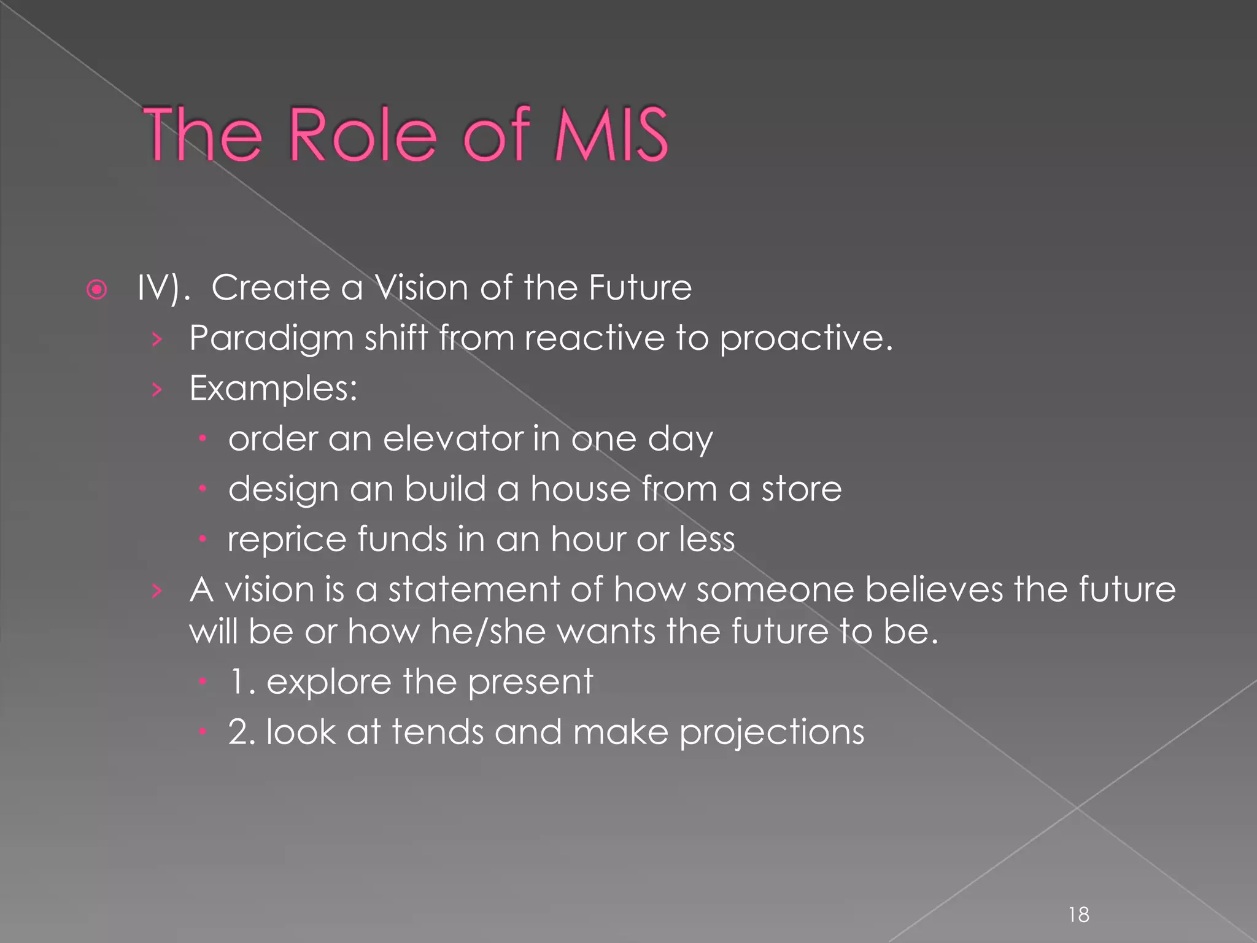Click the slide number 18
[1078, 915]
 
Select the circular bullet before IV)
[97, 289]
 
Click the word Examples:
[273, 389]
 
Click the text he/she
[488, 632]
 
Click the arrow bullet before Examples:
[157, 389]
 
